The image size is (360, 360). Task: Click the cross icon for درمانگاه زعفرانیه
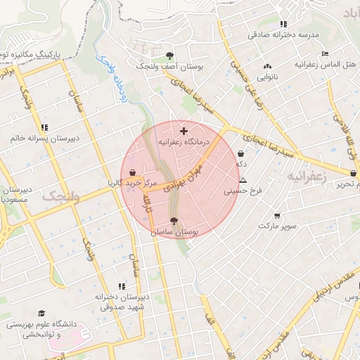click(184, 131)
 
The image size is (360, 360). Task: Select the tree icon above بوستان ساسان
click(174, 221)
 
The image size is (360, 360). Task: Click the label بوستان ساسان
click(174, 231)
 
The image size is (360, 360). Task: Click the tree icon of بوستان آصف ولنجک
click(169, 55)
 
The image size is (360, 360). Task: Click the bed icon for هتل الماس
click(324, 54)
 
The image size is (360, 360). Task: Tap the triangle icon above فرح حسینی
click(243, 180)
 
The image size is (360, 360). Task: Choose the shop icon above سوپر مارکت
click(277, 216)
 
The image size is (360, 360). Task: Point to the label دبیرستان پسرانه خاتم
click(44, 138)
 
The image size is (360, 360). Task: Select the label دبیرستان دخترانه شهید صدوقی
click(122, 302)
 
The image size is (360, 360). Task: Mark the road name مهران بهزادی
click(184, 175)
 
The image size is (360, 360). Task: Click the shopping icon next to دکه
click(241, 153)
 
